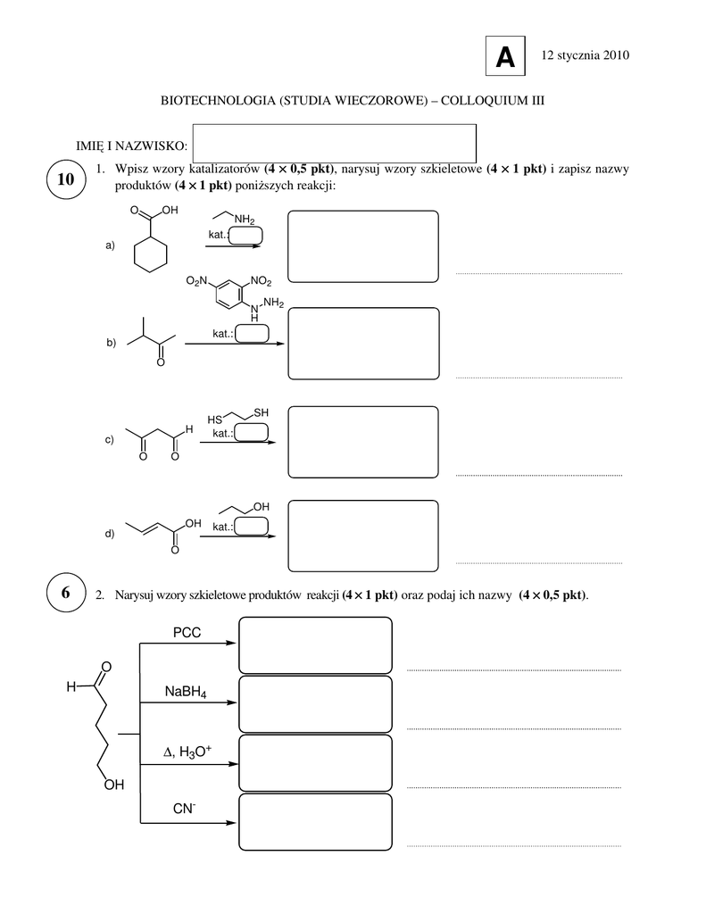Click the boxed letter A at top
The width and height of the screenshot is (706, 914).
tap(505, 56)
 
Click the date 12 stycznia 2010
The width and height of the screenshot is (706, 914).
tap(586, 55)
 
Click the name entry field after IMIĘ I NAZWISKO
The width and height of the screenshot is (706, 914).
tap(334, 144)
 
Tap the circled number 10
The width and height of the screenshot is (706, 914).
tap(66, 179)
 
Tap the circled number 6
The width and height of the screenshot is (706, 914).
tap(66, 593)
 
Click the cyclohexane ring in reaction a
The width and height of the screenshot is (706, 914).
tap(151, 254)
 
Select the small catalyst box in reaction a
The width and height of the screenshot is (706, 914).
tap(245, 236)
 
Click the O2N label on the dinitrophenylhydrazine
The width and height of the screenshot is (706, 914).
tap(197, 281)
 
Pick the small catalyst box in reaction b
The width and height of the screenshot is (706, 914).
tap(252, 334)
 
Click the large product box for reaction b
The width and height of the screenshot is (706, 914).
tap(364, 344)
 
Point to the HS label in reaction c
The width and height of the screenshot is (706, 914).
tap(214, 420)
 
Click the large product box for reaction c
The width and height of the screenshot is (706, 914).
tap(363, 442)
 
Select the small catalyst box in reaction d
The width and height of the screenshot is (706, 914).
tap(251, 527)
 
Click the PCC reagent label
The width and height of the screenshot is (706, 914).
tap(187, 633)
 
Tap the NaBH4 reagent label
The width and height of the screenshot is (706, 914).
tap(186, 692)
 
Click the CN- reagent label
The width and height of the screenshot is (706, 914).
tap(184, 809)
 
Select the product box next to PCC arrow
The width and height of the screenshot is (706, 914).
tap(315, 645)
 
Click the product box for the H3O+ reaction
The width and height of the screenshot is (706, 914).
tap(315, 763)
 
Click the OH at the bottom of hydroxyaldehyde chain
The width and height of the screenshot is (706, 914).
tap(114, 785)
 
